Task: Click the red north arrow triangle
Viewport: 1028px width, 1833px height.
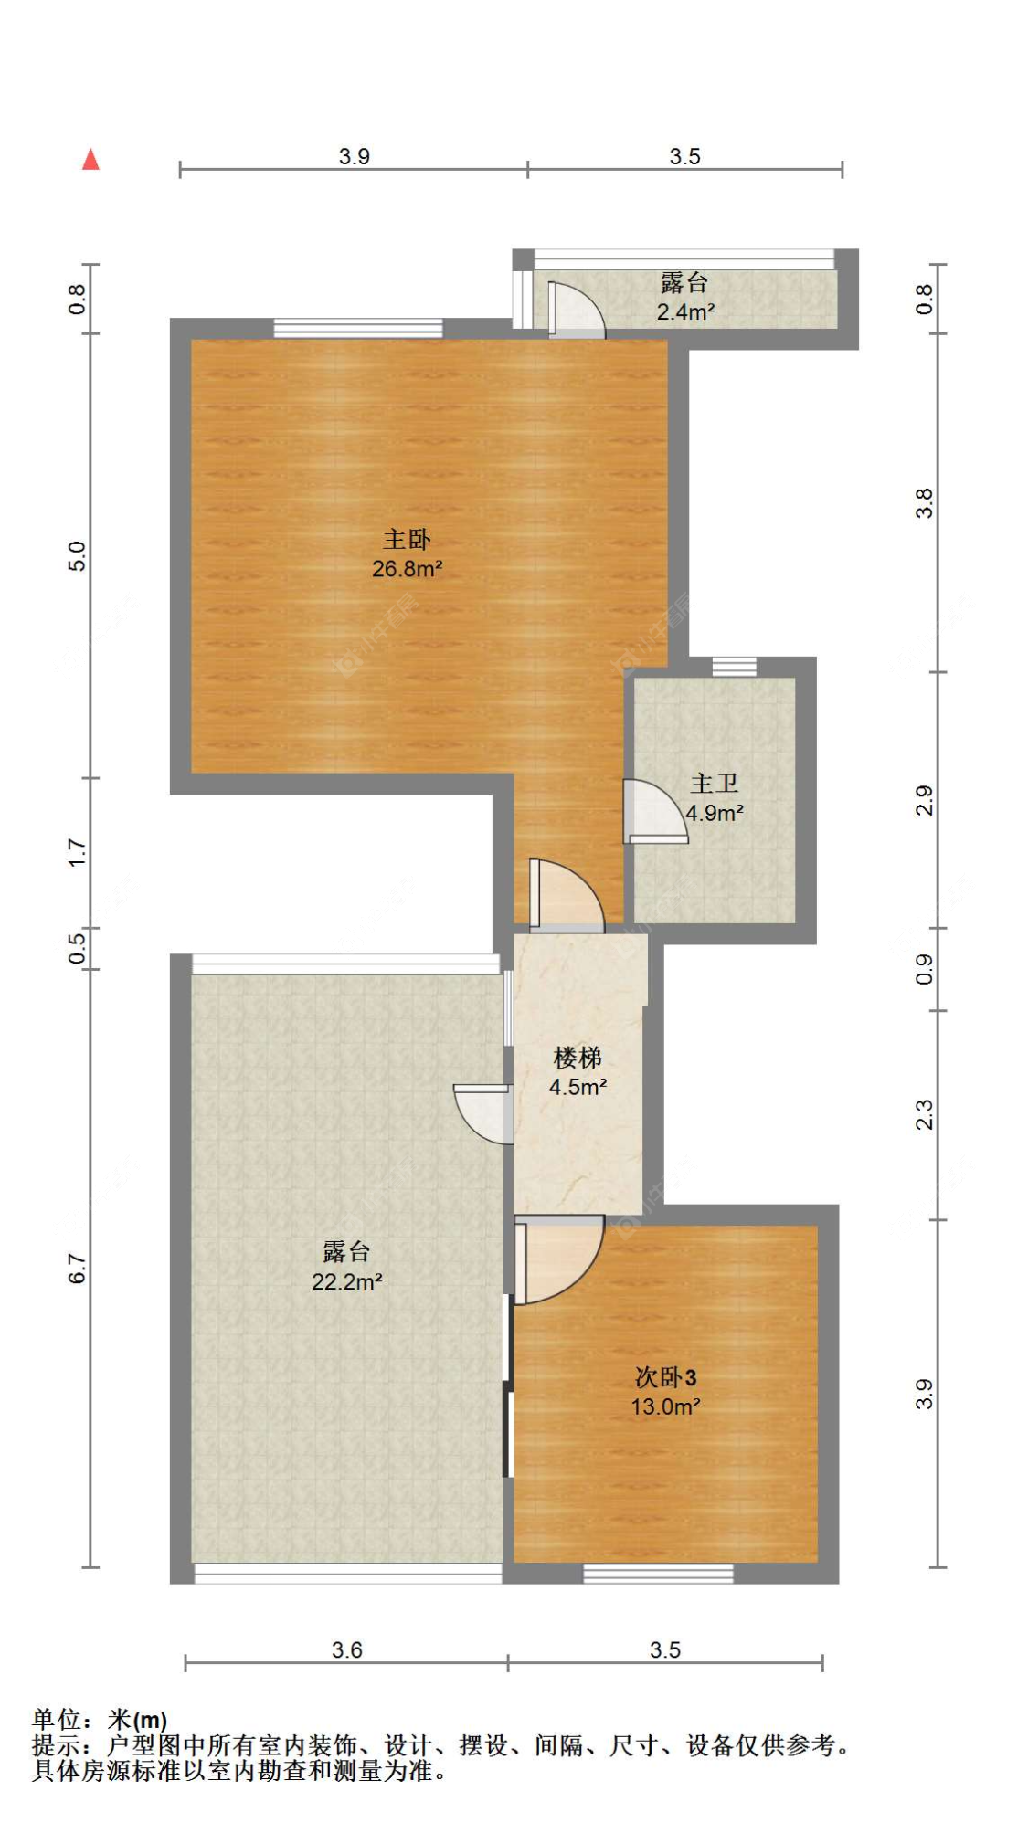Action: point(90,160)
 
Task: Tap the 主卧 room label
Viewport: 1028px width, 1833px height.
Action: point(407,539)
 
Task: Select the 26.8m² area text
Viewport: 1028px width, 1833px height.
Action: point(407,569)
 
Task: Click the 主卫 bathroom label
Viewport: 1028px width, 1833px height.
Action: point(714,784)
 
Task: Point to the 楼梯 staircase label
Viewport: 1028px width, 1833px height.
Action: point(578,1058)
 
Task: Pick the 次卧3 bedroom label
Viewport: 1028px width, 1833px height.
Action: point(665,1377)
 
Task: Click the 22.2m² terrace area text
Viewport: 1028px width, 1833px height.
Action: point(346,1281)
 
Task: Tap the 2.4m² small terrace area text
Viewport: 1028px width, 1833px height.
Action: point(685,311)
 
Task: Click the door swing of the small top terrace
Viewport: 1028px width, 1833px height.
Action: point(574,311)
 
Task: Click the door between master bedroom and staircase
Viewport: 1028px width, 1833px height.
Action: point(563,895)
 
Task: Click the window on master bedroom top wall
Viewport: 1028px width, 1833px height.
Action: point(358,328)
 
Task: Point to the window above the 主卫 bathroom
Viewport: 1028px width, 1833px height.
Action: point(734,666)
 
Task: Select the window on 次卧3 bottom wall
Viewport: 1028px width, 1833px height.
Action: point(658,1573)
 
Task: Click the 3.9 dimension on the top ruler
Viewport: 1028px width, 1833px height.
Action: point(354,156)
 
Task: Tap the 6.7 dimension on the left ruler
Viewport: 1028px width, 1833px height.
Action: point(77,1269)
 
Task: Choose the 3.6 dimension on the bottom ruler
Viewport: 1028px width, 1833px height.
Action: point(346,1649)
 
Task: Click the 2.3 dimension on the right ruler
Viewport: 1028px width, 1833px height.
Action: point(924,1115)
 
